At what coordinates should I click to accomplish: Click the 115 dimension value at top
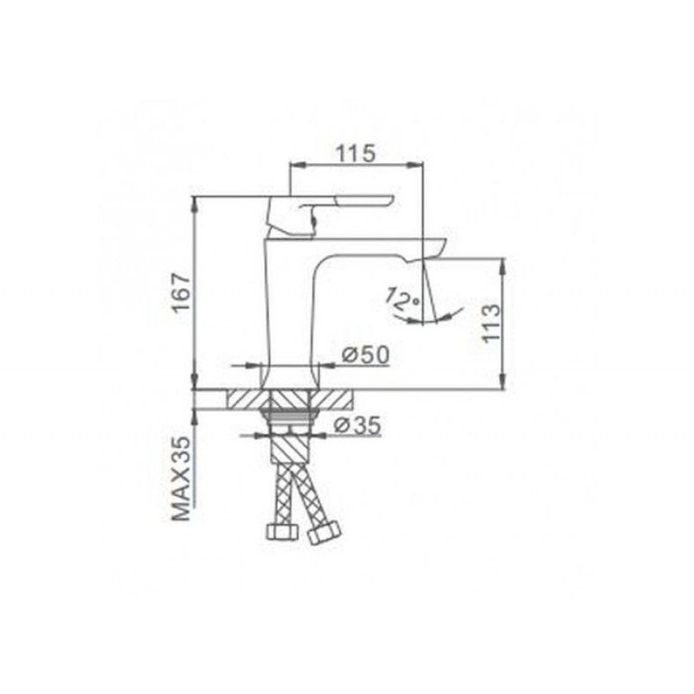[356, 154]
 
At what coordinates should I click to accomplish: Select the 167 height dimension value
[181, 293]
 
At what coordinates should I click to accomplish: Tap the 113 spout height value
[492, 323]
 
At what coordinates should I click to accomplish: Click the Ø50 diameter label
[365, 355]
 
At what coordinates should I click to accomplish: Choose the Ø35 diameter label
[357, 425]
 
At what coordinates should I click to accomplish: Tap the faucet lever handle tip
[391, 200]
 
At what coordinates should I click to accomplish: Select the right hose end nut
[324, 533]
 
